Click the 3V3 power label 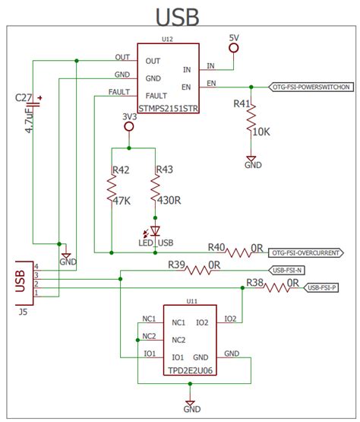pyautogui.click(x=128, y=116)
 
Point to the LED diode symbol pyautogui.click(x=156, y=230)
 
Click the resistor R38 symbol pyautogui.click(x=283, y=288)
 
